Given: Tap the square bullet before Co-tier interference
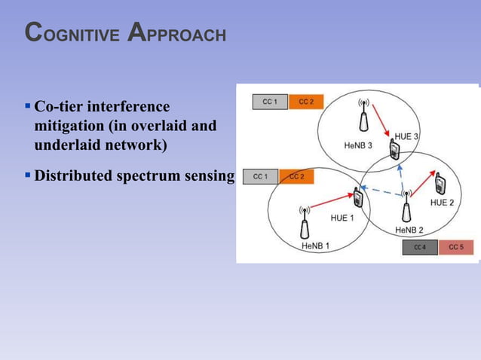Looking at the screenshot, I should click(28, 106).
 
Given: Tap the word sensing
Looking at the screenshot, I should click(208, 176).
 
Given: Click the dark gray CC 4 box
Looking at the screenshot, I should click(419, 247).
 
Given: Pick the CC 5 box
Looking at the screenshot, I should click(456, 247).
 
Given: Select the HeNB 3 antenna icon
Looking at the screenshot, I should click(363, 113).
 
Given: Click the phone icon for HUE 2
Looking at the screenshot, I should click(440, 183).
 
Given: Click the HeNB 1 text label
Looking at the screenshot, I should click(315, 246).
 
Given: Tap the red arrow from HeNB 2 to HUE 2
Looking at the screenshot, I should click(422, 191).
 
